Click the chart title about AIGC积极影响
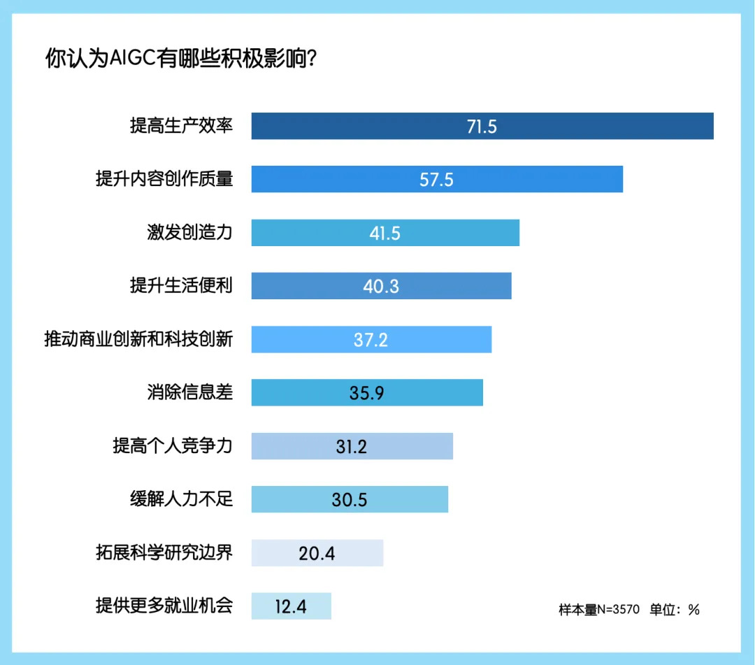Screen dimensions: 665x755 [182, 58]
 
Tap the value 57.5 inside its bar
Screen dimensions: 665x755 [436, 180]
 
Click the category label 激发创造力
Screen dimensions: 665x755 [189, 233]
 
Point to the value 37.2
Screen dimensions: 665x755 [371, 340]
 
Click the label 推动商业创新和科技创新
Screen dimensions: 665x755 [138, 340]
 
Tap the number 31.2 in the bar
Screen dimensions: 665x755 [351, 446]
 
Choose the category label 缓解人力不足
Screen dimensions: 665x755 [181, 499]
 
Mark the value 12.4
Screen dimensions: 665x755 [291, 606]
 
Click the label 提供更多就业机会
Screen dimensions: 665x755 [164, 606]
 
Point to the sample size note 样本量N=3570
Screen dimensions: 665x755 [599, 610]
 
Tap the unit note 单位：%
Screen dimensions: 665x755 [675, 610]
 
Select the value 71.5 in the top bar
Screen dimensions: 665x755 [482, 127]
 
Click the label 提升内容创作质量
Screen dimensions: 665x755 [164, 180]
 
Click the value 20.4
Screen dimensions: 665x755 [317, 553]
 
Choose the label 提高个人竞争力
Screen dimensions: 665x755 [172, 446]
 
